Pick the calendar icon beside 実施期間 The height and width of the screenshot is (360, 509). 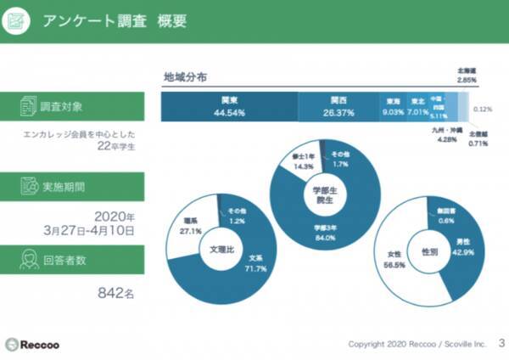tap(26, 185)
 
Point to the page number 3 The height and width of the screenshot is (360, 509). tap(501, 343)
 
